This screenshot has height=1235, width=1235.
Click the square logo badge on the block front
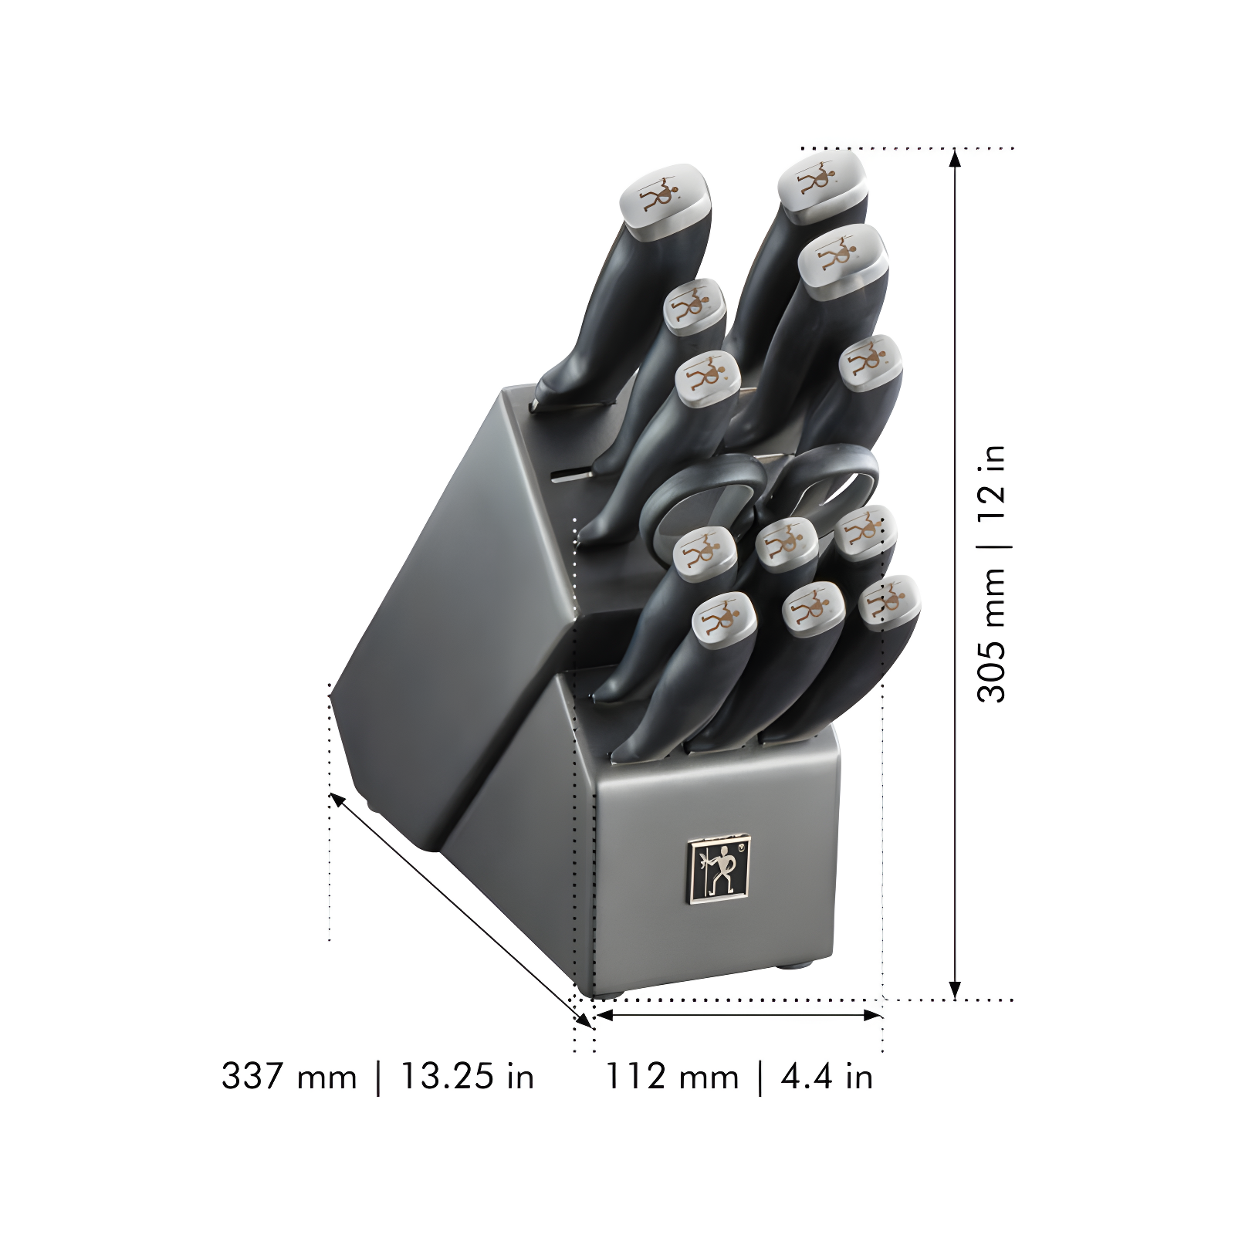click(718, 868)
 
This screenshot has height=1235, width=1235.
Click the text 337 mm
click(289, 1076)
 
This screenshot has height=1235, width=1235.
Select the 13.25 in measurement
click(466, 1076)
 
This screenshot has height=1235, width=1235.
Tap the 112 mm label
click(671, 1076)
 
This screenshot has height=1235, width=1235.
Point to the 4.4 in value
click(826, 1076)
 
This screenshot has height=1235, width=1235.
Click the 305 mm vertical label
click(993, 634)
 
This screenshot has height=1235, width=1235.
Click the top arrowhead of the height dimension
click(955, 157)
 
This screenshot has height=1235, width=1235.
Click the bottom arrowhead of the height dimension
click(955, 990)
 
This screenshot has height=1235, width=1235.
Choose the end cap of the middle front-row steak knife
click(813, 607)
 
